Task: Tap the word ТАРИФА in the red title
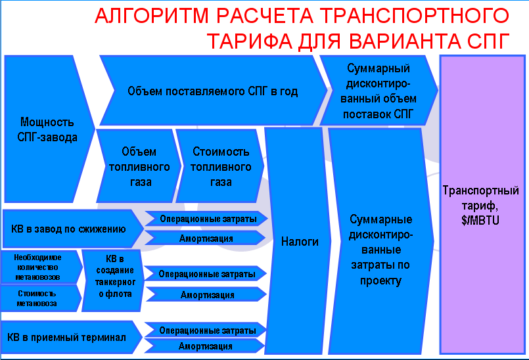250,41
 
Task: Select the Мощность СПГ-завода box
49,129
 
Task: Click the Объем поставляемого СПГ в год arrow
212,91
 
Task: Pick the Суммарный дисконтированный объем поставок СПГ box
379,91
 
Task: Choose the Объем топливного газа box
139,166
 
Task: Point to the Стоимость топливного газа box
220,166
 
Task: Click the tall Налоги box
298,241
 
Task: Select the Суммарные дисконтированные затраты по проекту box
380,241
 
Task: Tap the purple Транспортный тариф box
482,205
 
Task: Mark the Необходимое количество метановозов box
41,267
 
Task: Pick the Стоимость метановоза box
41,298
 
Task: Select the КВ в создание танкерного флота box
113,281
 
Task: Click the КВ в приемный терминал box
72,337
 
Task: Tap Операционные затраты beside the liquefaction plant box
206,219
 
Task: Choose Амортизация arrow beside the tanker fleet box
206,294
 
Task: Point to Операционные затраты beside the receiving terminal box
206,330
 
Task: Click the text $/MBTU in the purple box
480,220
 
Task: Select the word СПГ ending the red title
488,41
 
